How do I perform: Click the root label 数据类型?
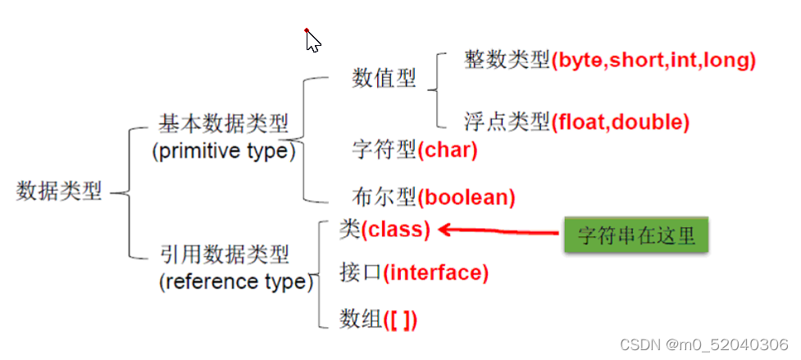[59, 192]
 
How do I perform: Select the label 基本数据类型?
[223, 124]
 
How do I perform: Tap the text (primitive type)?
[224, 152]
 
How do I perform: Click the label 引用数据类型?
[225, 253]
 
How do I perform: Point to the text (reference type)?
[236, 281]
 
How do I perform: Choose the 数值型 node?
[384, 79]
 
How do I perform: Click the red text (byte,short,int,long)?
[653, 61]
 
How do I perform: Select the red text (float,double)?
[620, 122]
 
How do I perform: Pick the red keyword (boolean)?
[466, 197]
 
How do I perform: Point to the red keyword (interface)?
[435, 273]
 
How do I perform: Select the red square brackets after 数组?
[399, 320]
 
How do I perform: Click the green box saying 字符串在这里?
[636, 235]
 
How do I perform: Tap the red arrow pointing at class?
[498, 231]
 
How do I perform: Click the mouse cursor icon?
[312, 40]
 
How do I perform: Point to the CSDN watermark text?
[704, 344]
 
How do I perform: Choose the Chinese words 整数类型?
[507, 61]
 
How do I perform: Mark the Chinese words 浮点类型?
[507, 122]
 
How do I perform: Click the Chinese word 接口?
[360, 273]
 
